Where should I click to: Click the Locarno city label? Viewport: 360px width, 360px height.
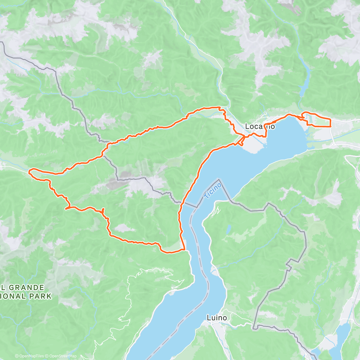pyautogui.click(x=260, y=126)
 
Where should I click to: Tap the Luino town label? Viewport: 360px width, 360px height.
pyautogui.click(x=217, y=317)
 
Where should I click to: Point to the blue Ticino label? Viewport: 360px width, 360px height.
pyautogui.click(x=212, y=190)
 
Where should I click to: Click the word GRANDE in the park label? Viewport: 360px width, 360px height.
pyautogui.click(x=26, y=288)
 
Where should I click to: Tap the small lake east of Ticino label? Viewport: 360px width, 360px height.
pyautogui.click(x=229, y=229)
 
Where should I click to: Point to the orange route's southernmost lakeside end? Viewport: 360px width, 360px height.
pyautogui.click(x=184, y=249)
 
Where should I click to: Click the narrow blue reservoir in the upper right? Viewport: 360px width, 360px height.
pyautogui.click(x=305, y=81)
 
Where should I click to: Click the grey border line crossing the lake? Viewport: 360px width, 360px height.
pyautogui.click(x=191, y=205)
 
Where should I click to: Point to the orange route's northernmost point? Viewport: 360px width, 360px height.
pyautogui.click(x=214, y=107)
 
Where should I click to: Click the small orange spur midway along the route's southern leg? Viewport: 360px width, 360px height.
pyautogui.click(x=103, y=210)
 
